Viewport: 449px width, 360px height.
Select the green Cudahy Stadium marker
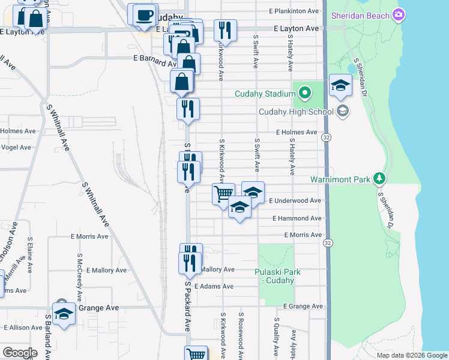pos(304,93)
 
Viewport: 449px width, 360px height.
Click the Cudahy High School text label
pos(296,112)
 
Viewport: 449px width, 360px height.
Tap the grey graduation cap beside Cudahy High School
pos(343,110)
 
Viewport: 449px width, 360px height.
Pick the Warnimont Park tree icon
pos(379,179)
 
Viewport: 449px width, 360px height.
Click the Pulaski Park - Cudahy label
pos(280,276)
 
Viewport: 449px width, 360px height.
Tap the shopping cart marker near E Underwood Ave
pos(223,193)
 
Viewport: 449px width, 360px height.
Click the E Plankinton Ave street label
pos(294,11)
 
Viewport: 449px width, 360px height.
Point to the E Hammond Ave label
pos(297,218)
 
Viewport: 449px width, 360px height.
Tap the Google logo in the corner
pos(20,352)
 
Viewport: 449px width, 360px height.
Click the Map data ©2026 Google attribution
pos(411,355)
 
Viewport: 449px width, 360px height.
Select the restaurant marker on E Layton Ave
pos(225,29)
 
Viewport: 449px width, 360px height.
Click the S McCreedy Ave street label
pos(79,277)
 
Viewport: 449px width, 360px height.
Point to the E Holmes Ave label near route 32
pos(296,132)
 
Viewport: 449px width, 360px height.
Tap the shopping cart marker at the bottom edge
pos(196,353)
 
